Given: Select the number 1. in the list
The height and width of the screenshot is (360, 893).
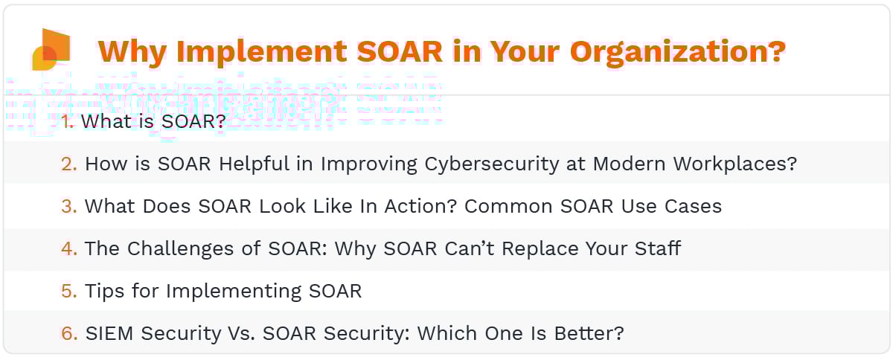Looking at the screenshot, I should pyautogui.click(x=68, y=121).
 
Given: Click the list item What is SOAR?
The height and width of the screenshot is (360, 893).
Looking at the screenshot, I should pyautogui.click(x=153, y=121).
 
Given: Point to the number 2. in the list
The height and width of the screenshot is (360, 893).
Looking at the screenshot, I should pyautogui.click(x=69, y=164).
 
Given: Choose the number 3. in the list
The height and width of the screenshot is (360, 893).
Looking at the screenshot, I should pyautogui.click(x=69, y=206).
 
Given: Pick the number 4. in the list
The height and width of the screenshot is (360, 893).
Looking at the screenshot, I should pyautogui.click(x=69, y=248).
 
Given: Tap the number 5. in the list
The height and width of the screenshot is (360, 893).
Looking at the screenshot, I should pyautogui.click(x=69, y=291).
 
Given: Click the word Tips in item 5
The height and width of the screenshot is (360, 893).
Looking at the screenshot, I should pyautogui.click(x=106, y=291).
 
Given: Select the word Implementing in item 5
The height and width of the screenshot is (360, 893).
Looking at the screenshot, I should pyautogui.click(x=229, y=291).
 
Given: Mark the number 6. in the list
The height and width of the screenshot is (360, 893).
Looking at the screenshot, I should pyautogui.click(x=69, y=333).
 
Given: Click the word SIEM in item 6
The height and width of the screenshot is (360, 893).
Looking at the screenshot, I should pyautogui.click(x=110, y=333).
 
